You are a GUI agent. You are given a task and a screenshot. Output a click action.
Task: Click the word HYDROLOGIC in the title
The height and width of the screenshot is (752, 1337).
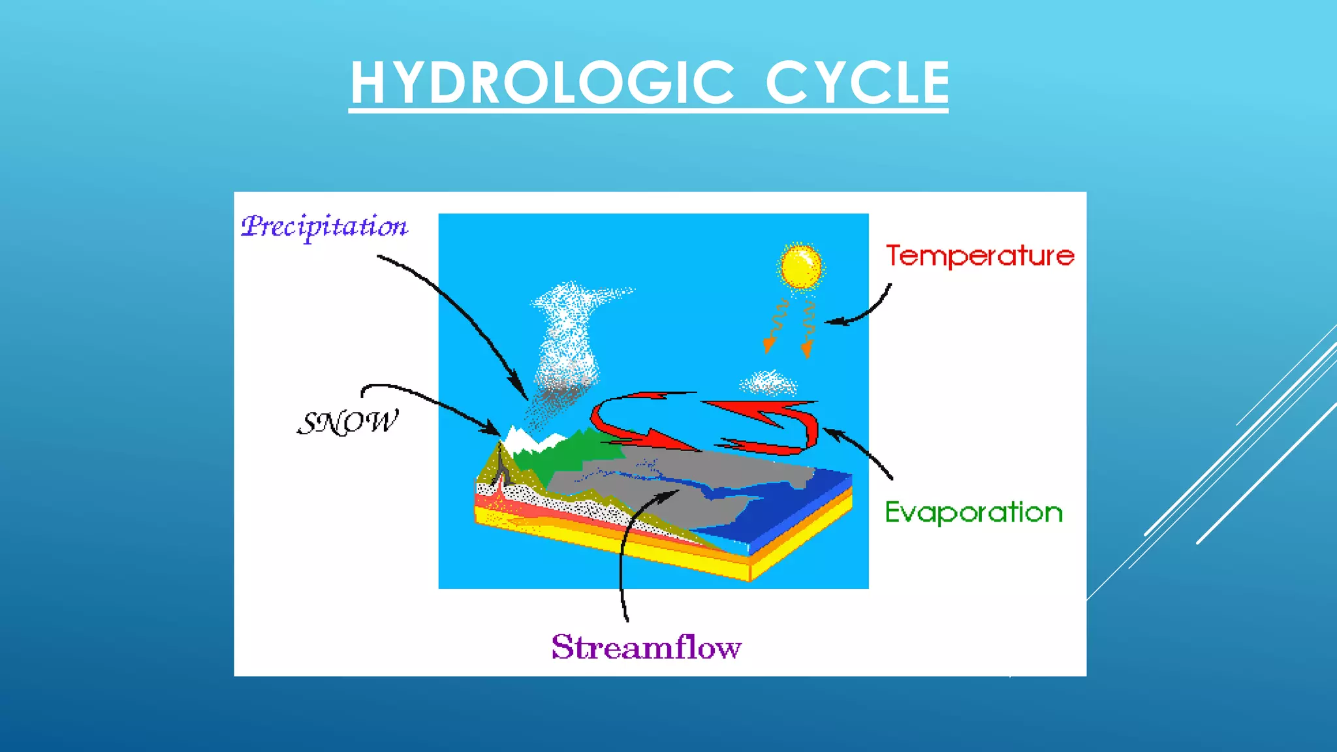[x=542, y=83]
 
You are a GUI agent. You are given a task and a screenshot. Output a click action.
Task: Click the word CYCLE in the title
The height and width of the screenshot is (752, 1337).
[x=857, y=83]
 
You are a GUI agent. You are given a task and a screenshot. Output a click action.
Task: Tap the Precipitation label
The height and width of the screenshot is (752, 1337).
[x=324, y=227]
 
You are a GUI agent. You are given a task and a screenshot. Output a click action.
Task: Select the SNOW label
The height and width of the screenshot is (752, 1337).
[x=347, y=423]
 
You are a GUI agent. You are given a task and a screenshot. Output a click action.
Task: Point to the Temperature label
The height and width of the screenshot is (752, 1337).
[x=979, y=256]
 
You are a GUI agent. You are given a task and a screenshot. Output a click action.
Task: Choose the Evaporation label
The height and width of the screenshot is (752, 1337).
[x=973, y=512]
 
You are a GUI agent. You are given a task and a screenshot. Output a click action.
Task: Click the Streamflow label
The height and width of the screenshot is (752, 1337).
[x=646, y=648]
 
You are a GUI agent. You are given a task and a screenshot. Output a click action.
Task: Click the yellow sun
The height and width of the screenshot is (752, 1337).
[x=801, y=266]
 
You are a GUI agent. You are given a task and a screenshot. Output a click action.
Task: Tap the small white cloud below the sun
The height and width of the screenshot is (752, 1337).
[x=768, y=383]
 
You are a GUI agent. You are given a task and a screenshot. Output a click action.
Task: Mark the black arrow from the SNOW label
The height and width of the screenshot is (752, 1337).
[x=431, y=401]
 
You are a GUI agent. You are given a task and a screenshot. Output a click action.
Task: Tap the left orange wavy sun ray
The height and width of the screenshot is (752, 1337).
[x=777, y=323]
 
